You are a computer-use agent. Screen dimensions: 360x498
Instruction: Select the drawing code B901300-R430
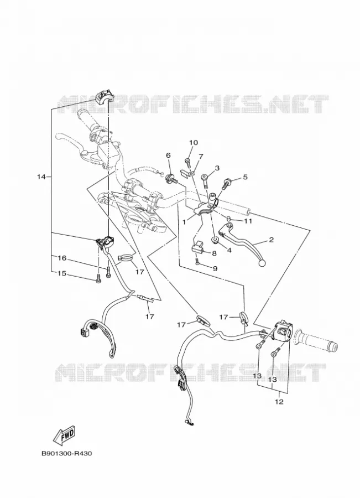pyautogui.click(x=67, y=453)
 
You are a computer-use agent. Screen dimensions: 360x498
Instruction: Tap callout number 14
pyautogui.click(x=41, y=177)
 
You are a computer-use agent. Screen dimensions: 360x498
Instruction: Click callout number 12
pyautogui.click(x=279, y=402)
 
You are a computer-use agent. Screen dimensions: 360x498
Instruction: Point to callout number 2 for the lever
pyautogui.click(x=271, y=240)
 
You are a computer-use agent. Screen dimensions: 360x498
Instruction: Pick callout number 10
pyautogui.click(x=194, y=142)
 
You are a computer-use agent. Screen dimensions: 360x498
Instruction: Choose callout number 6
pyautogui.click(x=168, y=155)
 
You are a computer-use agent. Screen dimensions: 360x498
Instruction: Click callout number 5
pyautogui.click(x=245, y=177)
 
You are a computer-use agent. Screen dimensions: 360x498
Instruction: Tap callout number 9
pyautogui.click(x=215, y=269)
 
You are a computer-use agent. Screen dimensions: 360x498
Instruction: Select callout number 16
pyautogui.click(x=62, y=258)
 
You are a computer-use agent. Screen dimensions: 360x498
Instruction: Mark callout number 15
pyautogui.click(x=62, y=273)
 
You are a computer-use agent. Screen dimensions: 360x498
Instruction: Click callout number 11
pyautogui.click(x=248, y=221)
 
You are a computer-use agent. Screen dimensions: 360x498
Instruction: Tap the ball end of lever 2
pyautogui.click(x=262, y=263)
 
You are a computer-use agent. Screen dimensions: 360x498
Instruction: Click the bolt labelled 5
pyautogui.click(x=227, y=184)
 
